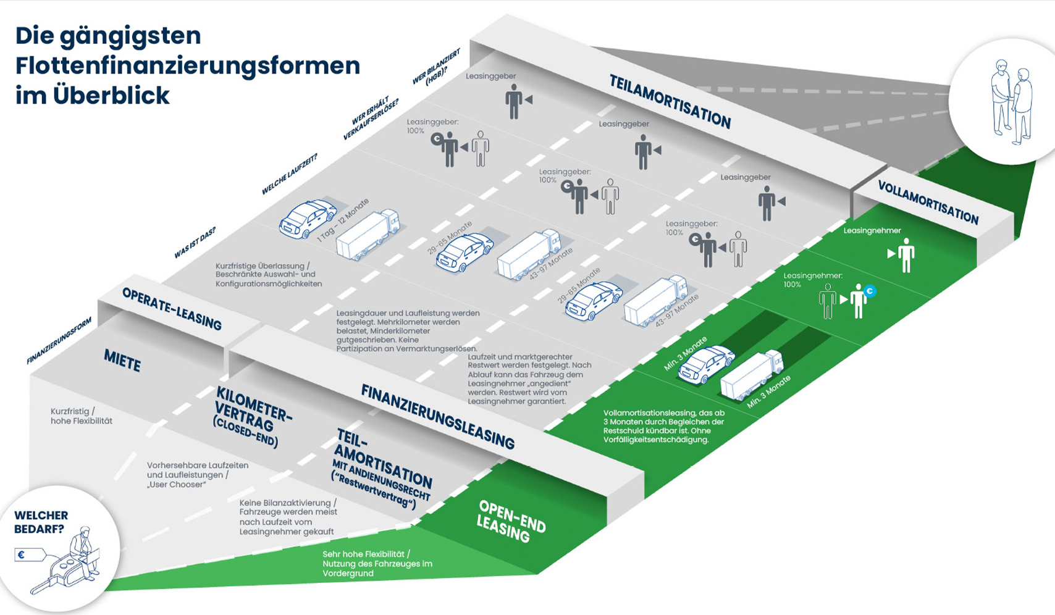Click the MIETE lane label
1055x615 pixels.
tap(122, 360)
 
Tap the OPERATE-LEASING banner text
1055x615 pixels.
tap(172, 309)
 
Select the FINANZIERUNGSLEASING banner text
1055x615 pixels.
tap(437, 416)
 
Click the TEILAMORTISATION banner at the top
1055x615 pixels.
tap(670, 102)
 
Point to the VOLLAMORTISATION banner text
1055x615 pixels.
tap(928, 203)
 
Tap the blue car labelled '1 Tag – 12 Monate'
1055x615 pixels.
tap(307, 219)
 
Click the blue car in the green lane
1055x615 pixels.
tap(706, 364)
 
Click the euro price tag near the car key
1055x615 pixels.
tap(29, 555)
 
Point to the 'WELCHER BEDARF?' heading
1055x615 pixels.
tap(41, 522)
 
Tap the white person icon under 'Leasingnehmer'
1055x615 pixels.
tap(906, 255)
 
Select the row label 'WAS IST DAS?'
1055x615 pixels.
tap(195, 243)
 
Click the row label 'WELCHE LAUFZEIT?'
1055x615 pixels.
tap(289, 175)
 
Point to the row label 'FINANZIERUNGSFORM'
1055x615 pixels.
tap(59, 341)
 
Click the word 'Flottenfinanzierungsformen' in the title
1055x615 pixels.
tap(188, 65)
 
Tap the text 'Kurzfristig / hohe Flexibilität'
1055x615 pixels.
tap(82, 416)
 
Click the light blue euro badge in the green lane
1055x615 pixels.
tap(870, 291)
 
